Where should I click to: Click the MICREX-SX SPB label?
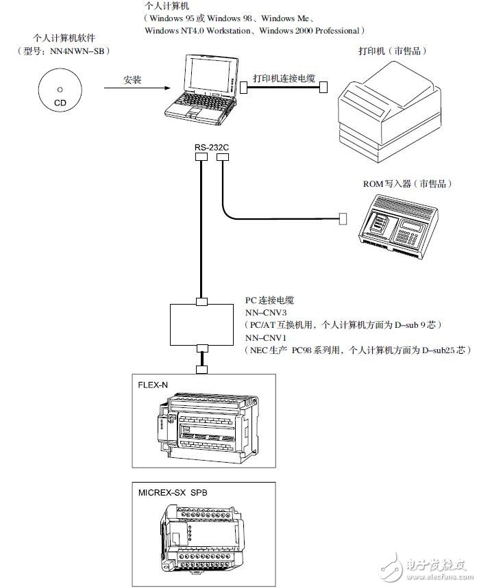click(171, 492)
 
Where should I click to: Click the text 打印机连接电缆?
click(284, 79)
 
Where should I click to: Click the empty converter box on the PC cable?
click(201, 324)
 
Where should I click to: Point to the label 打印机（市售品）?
click(390, 51)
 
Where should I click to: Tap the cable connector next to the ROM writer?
click(344, 219)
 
